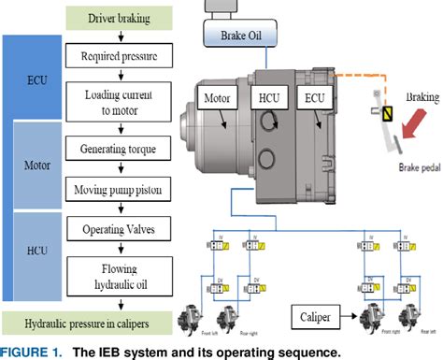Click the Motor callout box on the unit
coord(212,96)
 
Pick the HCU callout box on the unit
coord(267,96)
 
